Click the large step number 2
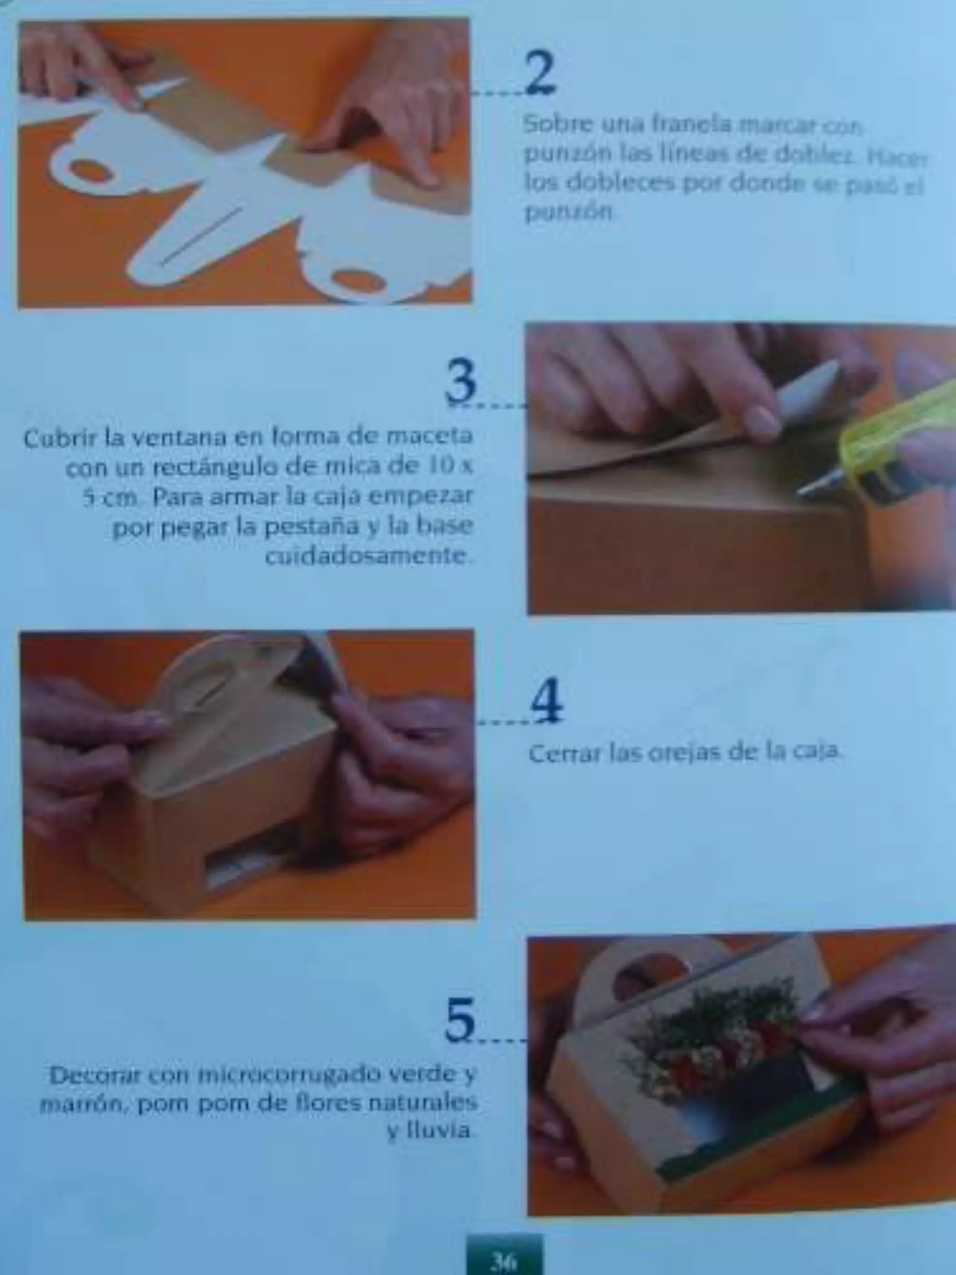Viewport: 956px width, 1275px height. point(540,73)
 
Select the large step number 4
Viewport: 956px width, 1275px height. point(546,702)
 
